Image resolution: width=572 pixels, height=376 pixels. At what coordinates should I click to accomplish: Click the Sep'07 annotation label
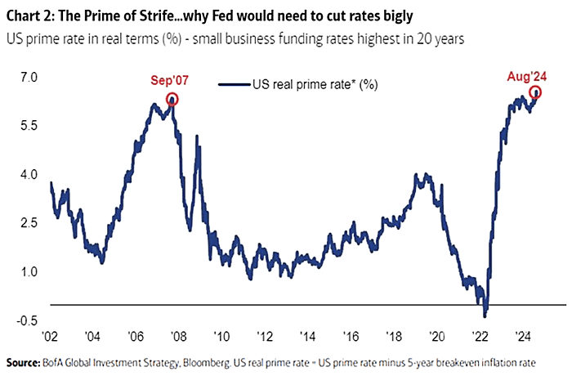point(169,82)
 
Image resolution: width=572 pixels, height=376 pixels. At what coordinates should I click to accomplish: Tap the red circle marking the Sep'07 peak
point(172,99)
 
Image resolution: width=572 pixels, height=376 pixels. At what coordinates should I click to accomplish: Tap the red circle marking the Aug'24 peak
point(535,92)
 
